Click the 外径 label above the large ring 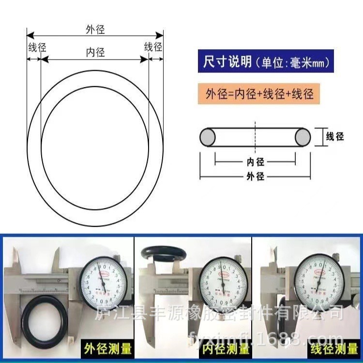[95, 30]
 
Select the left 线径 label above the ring [37, 47]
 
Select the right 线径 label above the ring [153, 47]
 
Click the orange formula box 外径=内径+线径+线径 [259, 93]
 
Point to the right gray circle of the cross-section [303, 137]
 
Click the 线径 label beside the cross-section [335, 136]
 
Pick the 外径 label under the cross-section [255, 177]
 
